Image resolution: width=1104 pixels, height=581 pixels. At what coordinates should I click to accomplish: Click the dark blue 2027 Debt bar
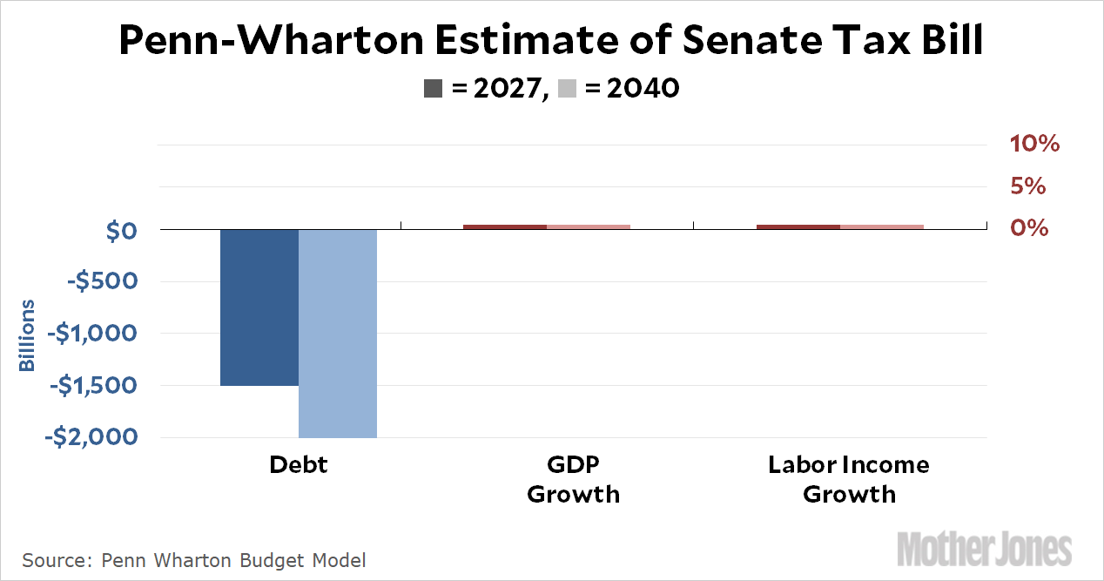pos(259,307)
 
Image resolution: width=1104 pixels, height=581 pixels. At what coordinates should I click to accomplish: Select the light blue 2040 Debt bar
pos(338,333)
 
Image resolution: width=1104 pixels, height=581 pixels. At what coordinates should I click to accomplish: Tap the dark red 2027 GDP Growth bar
pos(505,226)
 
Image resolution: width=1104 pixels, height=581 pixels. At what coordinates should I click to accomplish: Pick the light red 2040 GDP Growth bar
pos(589,226)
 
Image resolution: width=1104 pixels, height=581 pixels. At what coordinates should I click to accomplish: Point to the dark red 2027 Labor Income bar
pos(798,226)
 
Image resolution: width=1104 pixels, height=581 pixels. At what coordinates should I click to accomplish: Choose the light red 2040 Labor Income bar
pos(882,226)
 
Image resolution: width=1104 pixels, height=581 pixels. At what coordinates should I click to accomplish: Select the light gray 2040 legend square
pos(567,88)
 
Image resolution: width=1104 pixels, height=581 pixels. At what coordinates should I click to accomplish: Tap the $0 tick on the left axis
pos(118,231)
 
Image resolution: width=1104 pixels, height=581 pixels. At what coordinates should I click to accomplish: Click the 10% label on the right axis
pos(1035,144)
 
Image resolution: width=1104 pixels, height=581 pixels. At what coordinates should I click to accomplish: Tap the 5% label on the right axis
pos(1028,186)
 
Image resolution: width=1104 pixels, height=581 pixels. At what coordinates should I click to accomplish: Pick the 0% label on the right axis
pos(1028,227)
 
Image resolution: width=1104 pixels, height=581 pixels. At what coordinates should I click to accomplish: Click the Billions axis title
pos(28,335)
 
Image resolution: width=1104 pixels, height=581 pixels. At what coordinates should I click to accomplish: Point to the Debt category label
pos(299,465)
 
